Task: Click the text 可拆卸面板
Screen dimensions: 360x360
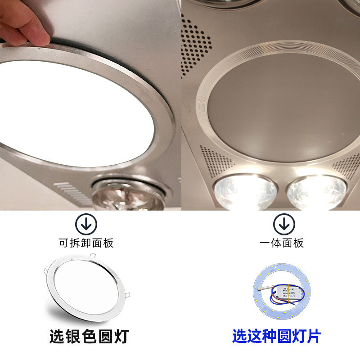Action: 86,243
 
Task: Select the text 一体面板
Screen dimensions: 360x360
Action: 283,243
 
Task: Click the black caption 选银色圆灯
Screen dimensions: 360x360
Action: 89,335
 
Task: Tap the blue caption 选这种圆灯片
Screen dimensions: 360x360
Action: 277,335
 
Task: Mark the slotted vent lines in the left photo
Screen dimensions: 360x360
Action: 72,193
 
